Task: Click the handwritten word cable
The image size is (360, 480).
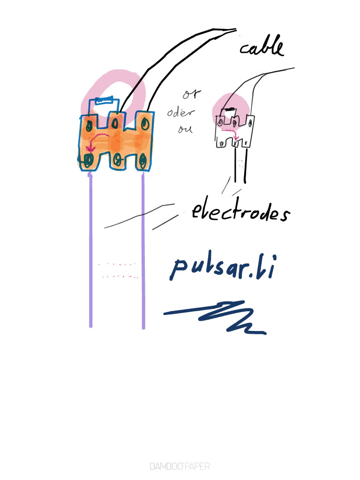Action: click(x=262, y=47)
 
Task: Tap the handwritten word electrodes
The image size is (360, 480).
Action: click(x=240, y=213)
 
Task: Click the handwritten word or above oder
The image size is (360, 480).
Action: click(x=191, y=95)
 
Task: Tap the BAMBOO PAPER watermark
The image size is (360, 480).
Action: click(x=180, y=466)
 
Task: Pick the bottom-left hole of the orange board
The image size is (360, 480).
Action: click(x=88, y=160)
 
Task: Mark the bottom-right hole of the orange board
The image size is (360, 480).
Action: click(x=142, y=160)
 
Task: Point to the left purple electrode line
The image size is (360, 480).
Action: click(x=90, y=248)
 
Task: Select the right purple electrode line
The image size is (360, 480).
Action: click(x=143, y=248)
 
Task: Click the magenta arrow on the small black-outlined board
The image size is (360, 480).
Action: click(x=234, y=134)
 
